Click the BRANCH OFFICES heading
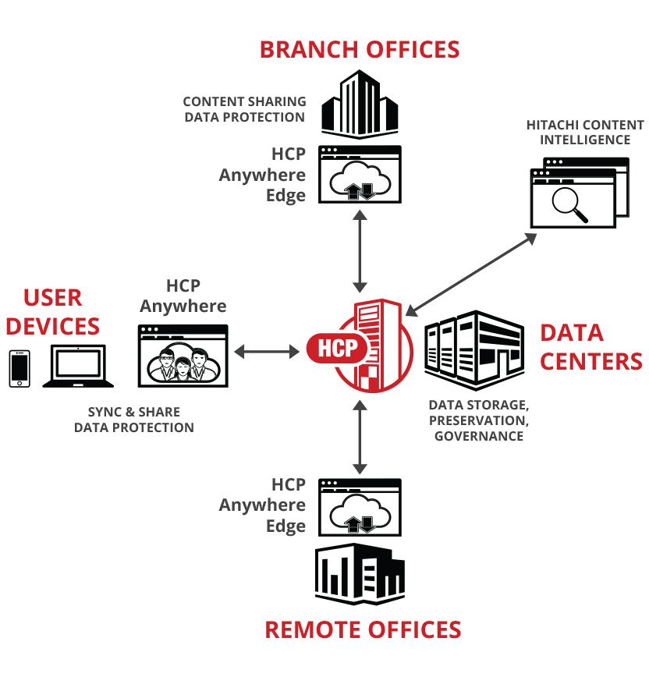[359, 49]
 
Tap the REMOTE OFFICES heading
[363, 629]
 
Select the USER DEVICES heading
[53, 311]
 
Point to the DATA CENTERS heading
[590, 346]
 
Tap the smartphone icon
[19, 368]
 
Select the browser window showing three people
[183, 356]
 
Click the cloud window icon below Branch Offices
[360, 175]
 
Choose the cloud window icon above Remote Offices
[360, 507]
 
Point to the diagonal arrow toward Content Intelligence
[470, 272]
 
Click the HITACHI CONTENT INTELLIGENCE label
[585, 133]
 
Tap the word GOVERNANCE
[478, 436]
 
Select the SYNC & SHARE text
[133, 412]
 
